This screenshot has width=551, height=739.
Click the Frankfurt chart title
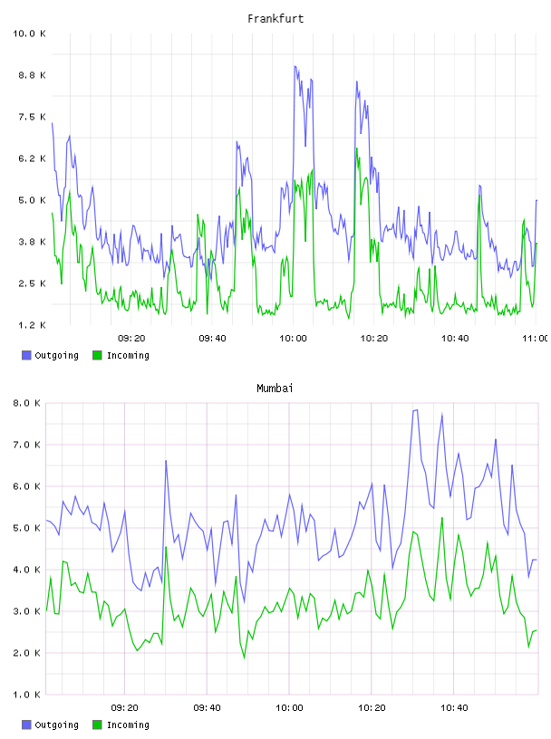coord(275,19)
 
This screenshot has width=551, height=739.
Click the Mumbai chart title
coord(275,389)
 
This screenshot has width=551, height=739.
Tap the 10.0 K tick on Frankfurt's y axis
coord(29,34)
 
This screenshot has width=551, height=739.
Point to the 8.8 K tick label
coord(32,75)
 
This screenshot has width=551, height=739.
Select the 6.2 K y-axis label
coord(32,158)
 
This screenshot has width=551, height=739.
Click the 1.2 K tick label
coord(32,325)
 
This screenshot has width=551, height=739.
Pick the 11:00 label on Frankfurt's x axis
coord(536,339)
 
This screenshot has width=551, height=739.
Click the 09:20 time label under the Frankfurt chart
coord(131,339)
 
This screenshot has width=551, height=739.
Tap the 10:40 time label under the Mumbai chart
coord(454,708)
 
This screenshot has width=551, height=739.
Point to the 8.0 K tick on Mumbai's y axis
coord(26,403)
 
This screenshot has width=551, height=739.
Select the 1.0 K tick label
coord(26,695)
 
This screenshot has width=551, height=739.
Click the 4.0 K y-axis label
coord(26,570)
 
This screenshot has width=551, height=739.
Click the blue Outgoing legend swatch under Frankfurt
coord(26,355)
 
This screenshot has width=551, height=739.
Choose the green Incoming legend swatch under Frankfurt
coord(97,355)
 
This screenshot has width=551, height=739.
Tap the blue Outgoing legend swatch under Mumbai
coord(26,725)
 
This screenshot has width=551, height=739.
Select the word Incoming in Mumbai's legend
coord(128,725)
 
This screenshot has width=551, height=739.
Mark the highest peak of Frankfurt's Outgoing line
coord(295,66)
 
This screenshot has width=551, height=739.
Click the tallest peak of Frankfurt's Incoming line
coord(357,149)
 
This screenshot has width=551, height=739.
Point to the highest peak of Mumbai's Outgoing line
coord(417,409)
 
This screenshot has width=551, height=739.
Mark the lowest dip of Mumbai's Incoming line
coord(245,657)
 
